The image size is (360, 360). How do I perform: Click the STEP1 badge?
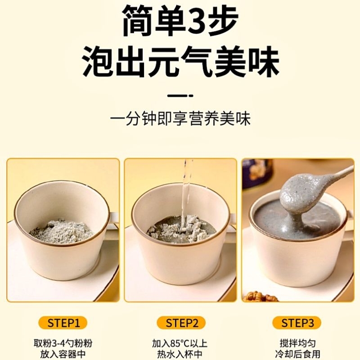63,323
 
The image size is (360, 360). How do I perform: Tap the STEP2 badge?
181,323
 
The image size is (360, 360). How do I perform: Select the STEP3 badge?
297,323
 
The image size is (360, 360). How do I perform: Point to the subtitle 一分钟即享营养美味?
180,119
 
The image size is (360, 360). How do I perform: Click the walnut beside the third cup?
261,297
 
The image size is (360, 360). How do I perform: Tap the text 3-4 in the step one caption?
60,344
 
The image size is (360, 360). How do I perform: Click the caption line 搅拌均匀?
297,344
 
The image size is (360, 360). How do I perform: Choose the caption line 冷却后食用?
297,354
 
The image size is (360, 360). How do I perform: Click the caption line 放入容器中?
63,354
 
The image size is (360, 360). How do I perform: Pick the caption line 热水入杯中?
180,354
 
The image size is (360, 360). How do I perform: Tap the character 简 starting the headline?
138,21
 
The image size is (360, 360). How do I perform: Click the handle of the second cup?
232,220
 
